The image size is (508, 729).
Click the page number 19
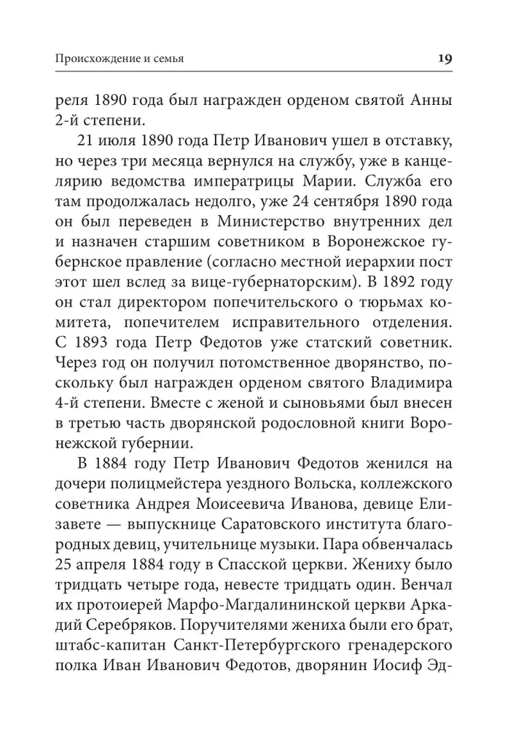445,58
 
